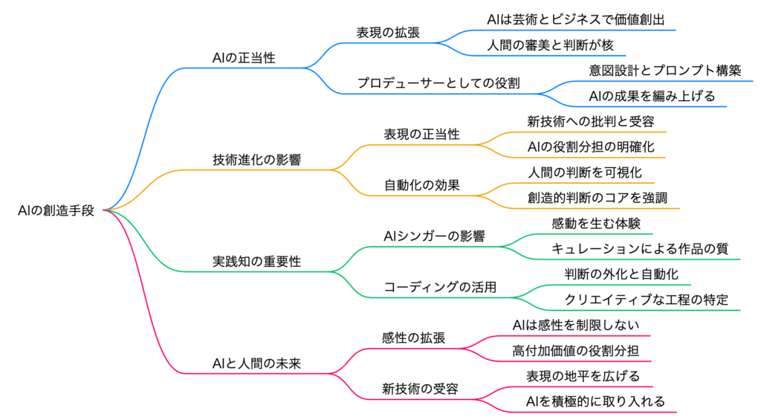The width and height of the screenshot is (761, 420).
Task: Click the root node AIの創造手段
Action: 56,210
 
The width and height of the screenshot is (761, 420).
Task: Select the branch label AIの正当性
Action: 244,57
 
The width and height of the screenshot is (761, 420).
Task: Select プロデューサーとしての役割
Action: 438,83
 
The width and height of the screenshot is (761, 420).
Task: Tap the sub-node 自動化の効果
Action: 421,185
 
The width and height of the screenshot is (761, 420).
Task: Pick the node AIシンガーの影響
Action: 434,236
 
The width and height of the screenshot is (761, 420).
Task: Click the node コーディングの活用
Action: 440,287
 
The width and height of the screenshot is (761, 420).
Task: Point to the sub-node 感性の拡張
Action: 414,338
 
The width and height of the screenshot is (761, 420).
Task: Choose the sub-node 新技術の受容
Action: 420,389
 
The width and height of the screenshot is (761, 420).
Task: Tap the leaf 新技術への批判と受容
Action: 591,121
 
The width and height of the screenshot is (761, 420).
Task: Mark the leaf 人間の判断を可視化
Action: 585,172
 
